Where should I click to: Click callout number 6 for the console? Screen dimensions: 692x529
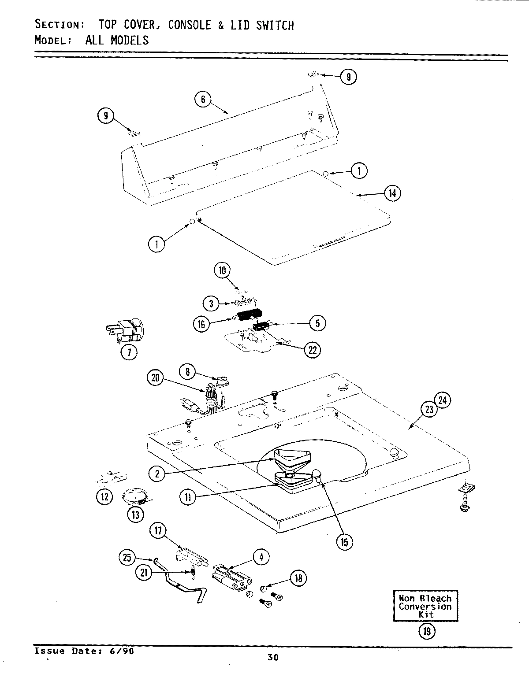(203, 100)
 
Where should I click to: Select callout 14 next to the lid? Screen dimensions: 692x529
(392, 193)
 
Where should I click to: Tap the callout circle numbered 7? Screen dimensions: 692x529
(129, 352)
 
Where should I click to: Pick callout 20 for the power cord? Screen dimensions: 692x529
(155, 378)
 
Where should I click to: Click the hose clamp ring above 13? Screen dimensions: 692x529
(135, 498)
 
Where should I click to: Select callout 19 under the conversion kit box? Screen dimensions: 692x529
(426, 631)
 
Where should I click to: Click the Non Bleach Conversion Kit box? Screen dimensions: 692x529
(425, 606)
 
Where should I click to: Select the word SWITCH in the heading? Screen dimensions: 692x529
(275, 25)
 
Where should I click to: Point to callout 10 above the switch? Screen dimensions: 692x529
(222, 270)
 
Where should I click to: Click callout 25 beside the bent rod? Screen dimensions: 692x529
(127, 558)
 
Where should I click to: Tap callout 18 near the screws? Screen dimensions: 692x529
(298, 578)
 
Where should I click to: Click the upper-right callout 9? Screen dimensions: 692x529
(348, 77)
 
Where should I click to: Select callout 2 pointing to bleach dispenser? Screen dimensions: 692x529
(157, 474)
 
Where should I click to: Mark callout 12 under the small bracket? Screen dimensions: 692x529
(104, 497)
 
